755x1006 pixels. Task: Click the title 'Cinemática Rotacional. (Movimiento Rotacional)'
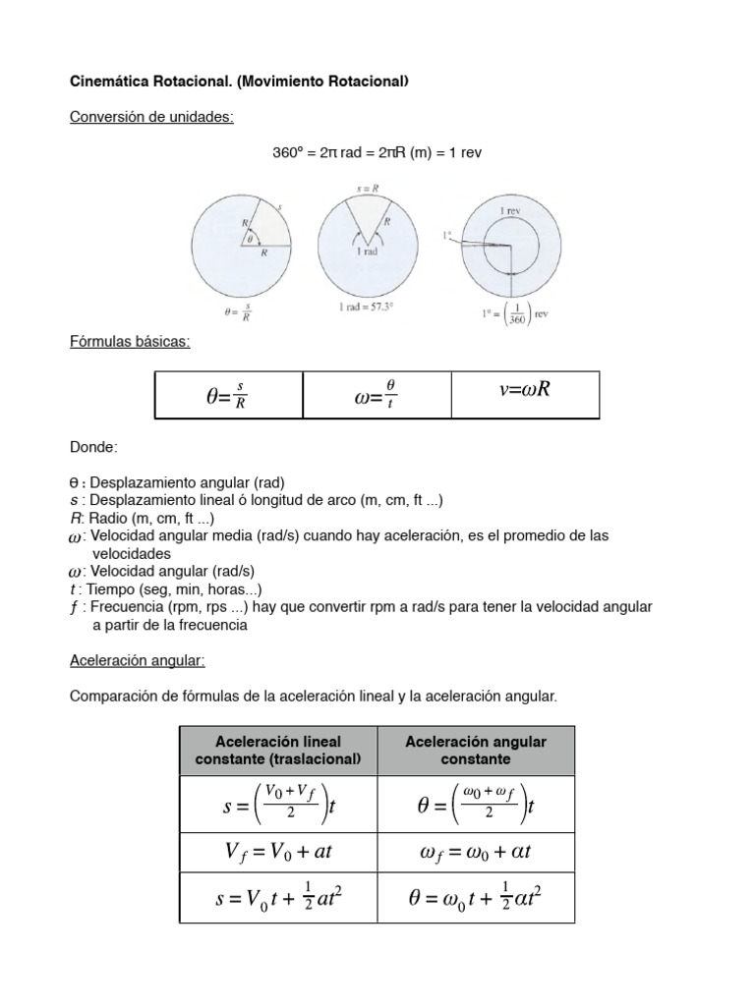238,82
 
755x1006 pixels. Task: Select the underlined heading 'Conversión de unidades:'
151,117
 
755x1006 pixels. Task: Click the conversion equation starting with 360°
377,152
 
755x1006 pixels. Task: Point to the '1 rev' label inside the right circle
509,211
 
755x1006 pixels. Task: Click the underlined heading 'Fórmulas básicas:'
130,341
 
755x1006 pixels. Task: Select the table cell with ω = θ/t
376,395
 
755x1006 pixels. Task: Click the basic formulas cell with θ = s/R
228,395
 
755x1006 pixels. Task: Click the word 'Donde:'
93,447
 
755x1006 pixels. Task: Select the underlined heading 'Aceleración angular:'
137,661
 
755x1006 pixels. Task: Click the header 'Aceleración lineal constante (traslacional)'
278,751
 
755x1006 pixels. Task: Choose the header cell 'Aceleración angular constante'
476,751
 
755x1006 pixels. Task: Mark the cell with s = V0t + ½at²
278,899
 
